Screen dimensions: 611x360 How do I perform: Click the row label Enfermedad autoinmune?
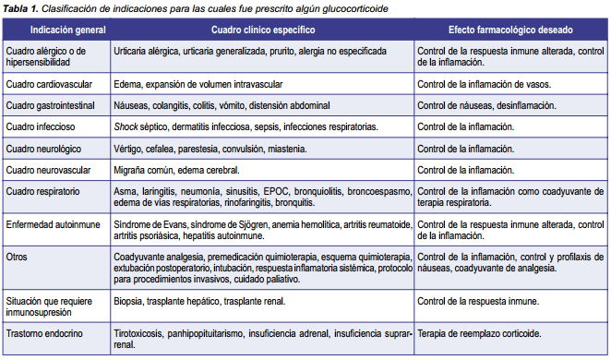point(51,224)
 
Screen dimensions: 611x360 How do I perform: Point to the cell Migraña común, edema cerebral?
point(176,170)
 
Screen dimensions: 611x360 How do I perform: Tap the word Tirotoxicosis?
point(138,330)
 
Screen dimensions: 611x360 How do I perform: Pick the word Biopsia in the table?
point(130,300)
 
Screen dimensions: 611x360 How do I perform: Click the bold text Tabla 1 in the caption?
point(19,7)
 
